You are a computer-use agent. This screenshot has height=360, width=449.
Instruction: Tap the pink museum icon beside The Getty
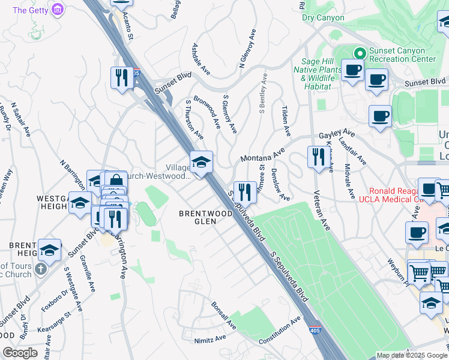click(x=58, y=10)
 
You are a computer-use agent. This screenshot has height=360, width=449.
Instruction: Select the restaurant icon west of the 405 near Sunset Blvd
click(x=122, y=78)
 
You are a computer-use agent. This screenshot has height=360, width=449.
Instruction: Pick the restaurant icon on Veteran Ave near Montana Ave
click(x=316, y=157)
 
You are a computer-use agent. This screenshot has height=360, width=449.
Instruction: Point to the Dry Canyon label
click(x=324, y=18)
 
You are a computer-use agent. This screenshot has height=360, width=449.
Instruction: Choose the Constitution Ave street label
click(x=279, y=332)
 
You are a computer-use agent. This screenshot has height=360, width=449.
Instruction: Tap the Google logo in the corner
click(x=20, y=353)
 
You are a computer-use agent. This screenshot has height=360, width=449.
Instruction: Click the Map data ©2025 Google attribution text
click(x=411, y=355)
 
